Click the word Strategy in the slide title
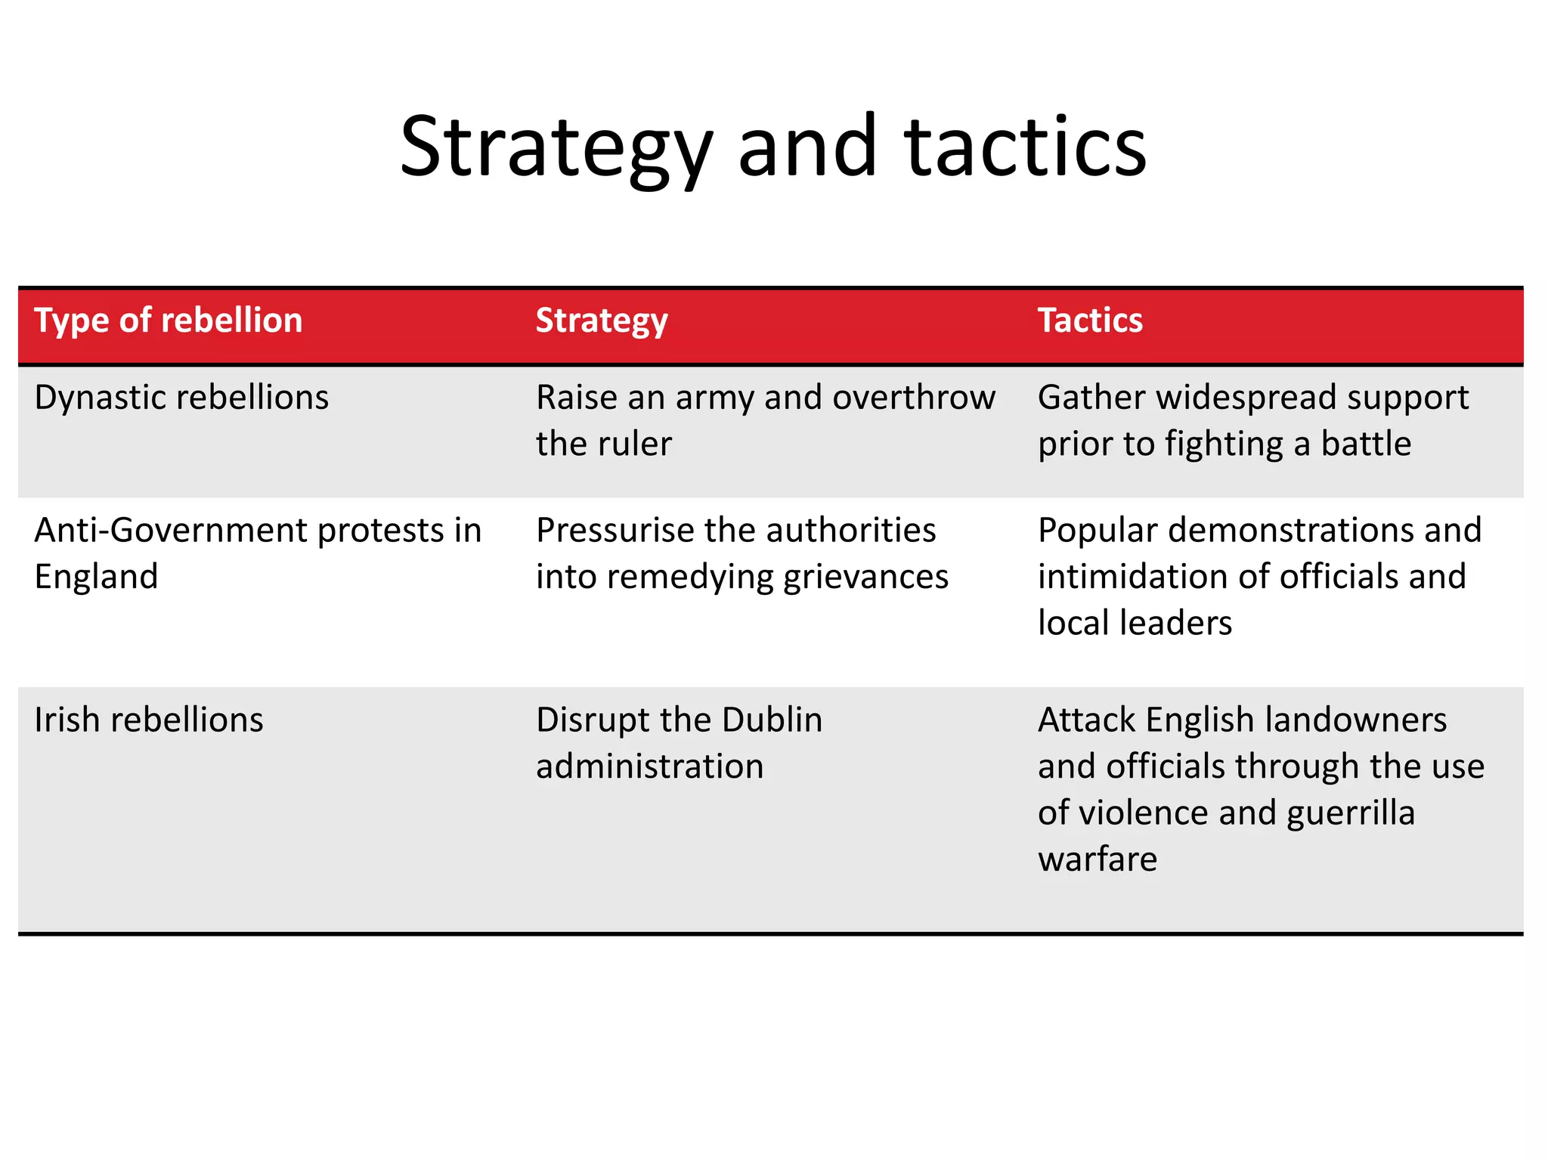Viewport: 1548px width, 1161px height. [556, 147]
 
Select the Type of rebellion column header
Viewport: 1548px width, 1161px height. [169, 320]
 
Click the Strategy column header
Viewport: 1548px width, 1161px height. [602, 320]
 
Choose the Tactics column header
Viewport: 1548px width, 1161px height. [1090, 320]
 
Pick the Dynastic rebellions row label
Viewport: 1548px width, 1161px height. [181, 398]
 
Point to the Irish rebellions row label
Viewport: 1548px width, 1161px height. [149, 720]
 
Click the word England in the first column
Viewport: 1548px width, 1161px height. [96, 577]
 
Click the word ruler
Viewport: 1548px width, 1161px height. [639, 444]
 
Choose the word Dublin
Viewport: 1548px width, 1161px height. [772, 720]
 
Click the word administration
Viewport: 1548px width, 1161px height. [649, 766]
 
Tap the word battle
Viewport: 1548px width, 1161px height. [1366, 444]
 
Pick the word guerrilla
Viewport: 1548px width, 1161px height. [1350, 813]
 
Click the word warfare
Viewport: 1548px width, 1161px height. [1098, 859]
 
